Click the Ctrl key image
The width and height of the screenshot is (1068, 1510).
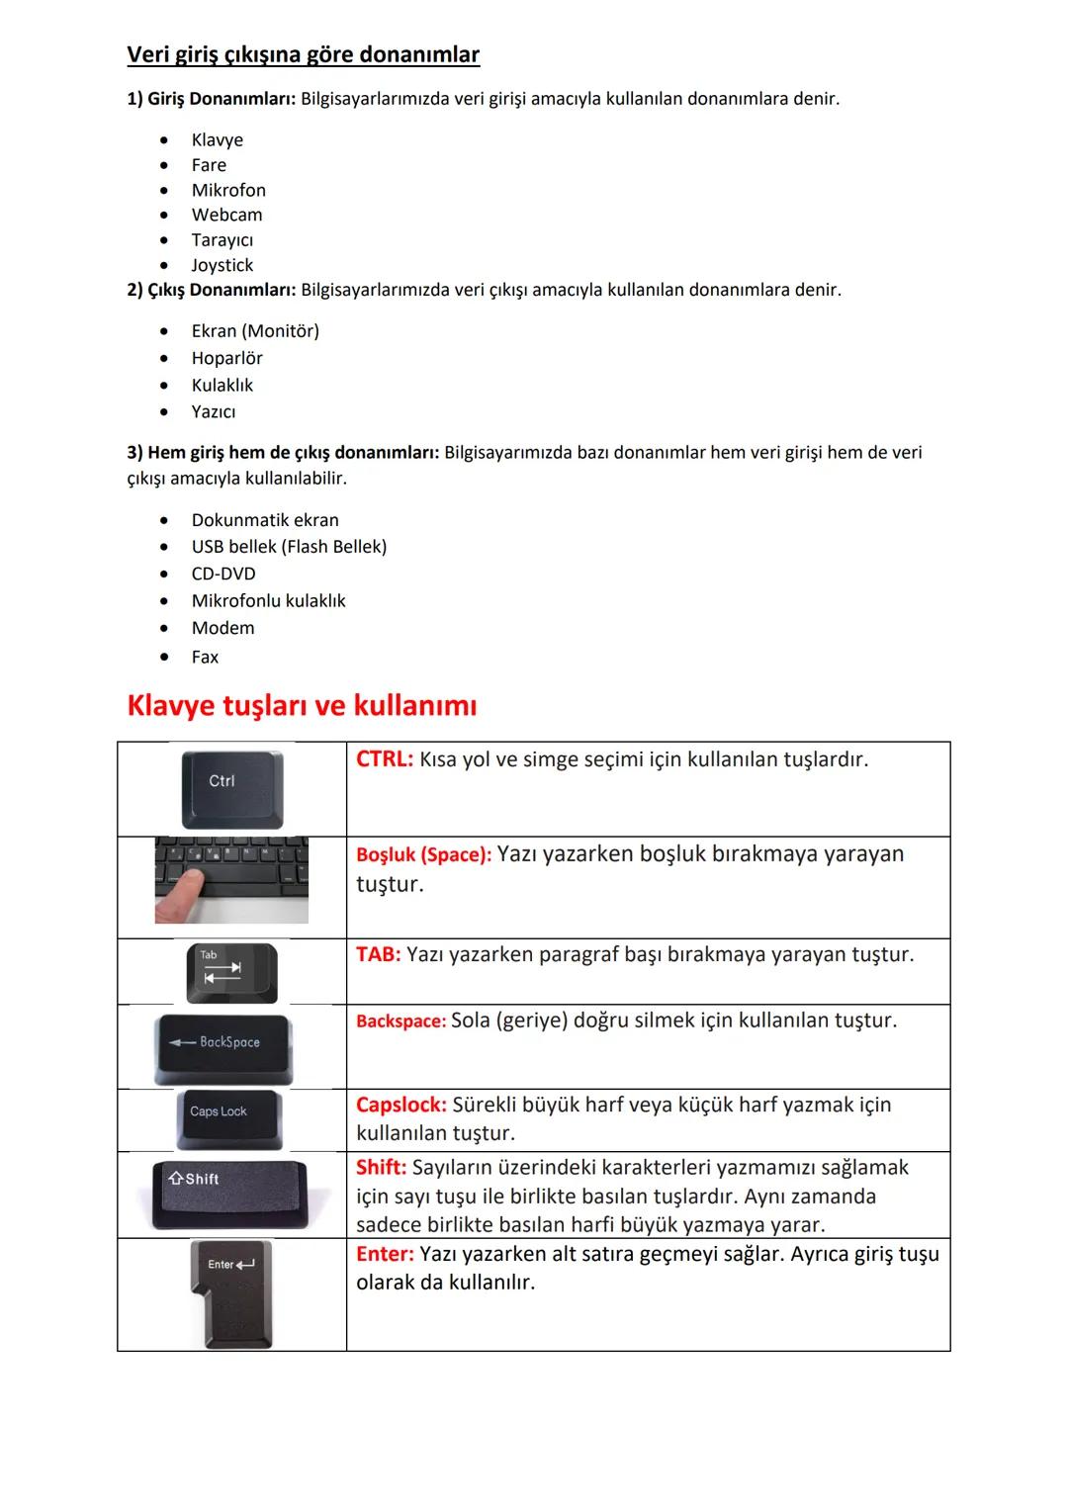click(232, 788)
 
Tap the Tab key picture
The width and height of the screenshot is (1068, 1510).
click(232, 972)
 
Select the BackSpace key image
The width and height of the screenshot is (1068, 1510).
click(222, 1047)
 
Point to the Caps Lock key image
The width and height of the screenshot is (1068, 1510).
click(228, 1119)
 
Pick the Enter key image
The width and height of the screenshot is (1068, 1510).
click(231, 1293)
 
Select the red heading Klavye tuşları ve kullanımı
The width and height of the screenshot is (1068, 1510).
click(302, 705)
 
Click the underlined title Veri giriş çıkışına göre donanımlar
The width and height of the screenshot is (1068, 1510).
click(303, 54)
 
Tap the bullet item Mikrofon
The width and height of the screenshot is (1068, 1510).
click(228, 190)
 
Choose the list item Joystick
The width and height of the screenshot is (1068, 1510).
click(222, 265)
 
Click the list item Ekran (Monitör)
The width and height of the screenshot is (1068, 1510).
click(255, 331)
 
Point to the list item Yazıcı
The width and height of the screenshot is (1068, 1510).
click(214, 411)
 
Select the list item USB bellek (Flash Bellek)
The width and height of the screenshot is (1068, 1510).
click(289, 547)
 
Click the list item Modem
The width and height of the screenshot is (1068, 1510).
click(222, 628)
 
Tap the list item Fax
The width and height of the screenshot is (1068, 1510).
click(205, 657)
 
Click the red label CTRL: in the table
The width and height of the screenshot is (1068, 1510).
click(385, 759)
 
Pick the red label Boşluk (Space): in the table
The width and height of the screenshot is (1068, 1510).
click(423, 855)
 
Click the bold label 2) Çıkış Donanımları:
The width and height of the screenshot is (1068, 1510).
click(212, 290)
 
